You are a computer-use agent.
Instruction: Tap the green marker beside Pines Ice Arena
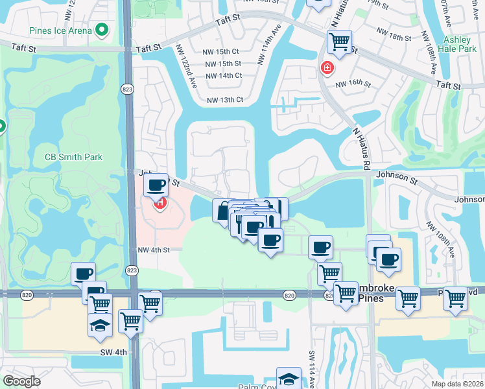click(x=101, y=30)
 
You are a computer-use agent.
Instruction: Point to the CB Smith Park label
click(x=73, y=157)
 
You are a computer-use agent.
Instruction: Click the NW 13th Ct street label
click(x=225, y=100)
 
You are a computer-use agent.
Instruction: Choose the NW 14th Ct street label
click(x=224, y=75)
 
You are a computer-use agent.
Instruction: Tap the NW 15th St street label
click(x=223, y=64)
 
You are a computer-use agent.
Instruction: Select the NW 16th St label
click(x=353, y=84)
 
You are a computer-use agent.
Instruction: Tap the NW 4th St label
click(x=154, y=250)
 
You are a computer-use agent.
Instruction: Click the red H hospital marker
click(x=159, y=204)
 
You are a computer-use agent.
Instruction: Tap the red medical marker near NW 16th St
click(x=327, y=67)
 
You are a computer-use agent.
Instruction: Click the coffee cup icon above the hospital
click(x=156, y=185)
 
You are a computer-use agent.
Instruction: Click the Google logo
click(x=21, y=381)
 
